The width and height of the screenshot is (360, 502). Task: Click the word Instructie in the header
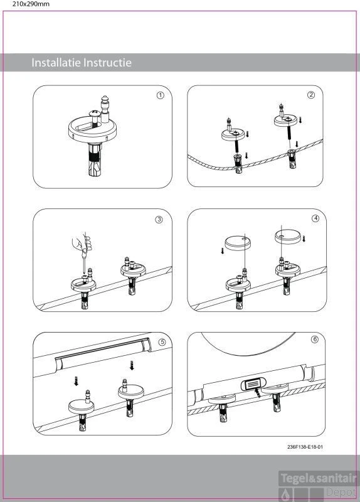click(105, 62)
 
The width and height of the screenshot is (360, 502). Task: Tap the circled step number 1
click(160, 95)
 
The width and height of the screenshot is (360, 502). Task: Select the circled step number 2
click(310, 95)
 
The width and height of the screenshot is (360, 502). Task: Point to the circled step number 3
click(159, 220)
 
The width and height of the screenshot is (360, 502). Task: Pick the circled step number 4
click(315, 218)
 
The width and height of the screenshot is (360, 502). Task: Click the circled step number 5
click(162, 342)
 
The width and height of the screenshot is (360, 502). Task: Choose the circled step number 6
click(315, 339)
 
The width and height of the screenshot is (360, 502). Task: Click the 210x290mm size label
click(31, 4)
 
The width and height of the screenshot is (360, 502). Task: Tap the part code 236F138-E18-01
click(305, 447)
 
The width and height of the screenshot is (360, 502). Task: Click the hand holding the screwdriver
click(83, 242)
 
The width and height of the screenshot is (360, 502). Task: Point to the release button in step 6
click(253, 383)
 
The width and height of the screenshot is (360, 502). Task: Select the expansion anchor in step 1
click(95, 159)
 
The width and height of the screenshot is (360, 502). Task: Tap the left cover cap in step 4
click(238, 243)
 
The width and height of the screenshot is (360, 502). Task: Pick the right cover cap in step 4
click(288, 237)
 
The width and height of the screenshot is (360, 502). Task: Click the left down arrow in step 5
click(76, 381)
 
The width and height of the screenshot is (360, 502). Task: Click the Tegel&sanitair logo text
click(319, 479)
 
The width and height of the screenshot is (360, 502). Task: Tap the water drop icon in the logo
click(285, 495)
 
